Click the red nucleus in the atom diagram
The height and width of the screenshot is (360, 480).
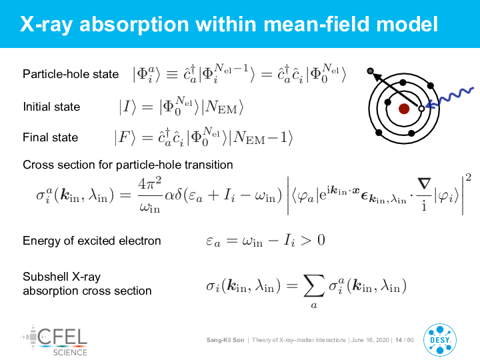404,109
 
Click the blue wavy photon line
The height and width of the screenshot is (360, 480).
450,97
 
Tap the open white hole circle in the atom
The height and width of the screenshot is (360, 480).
421,109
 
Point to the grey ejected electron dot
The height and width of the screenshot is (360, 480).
370,71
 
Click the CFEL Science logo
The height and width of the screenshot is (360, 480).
54,341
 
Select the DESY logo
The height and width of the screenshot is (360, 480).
440,340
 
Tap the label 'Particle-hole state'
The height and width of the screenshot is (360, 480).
71,74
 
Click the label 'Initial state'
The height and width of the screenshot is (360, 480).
51,107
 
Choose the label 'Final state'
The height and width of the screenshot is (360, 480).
51,137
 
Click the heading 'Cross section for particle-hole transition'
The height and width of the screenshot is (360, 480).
128,165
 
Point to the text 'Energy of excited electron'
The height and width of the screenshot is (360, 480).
92,241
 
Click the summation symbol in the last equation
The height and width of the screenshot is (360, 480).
314,285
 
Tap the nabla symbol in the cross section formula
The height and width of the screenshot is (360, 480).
424,183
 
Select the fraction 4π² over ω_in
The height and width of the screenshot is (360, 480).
150,195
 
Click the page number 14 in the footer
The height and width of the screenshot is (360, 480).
399,340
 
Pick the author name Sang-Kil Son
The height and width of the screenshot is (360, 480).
225,340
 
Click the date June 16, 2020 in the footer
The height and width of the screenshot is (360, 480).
370,340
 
